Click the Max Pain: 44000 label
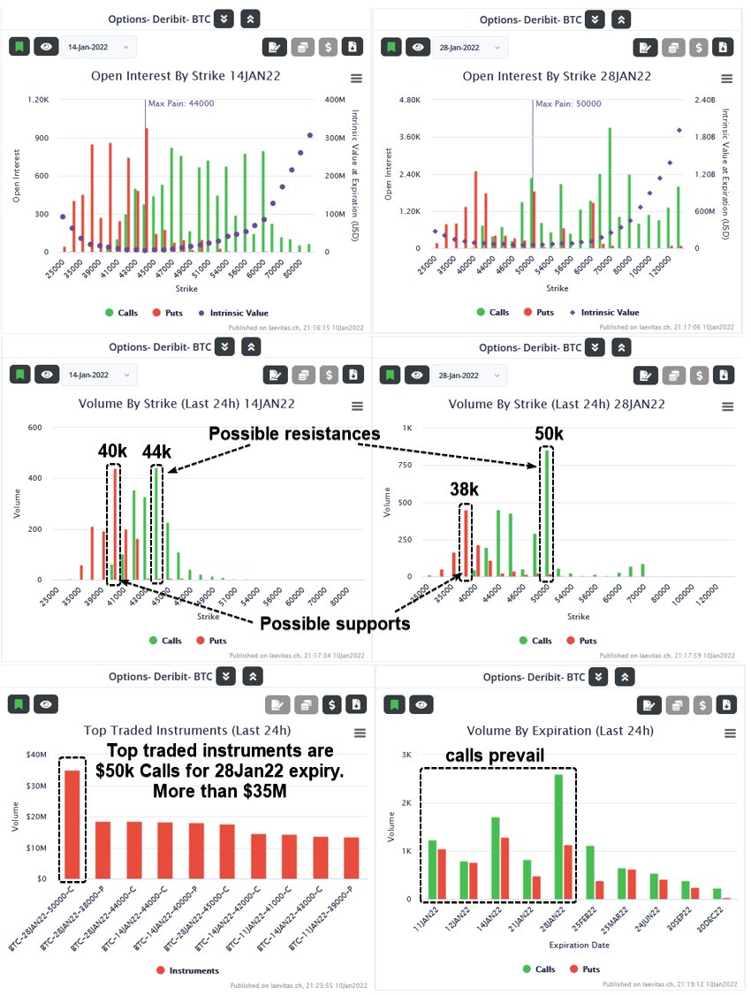pos(181,103)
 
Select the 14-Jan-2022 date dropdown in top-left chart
pos(98,47)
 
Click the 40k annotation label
pos(113,451)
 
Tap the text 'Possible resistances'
pos(294,434)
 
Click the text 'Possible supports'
pos(335,624)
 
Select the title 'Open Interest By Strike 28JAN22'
pos(557,76)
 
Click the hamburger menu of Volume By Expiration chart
pos(729,733)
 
